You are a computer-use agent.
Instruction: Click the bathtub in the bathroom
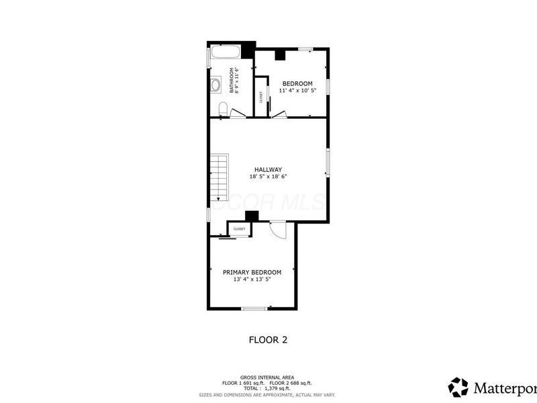tap(226, 54)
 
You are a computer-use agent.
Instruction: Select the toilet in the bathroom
tap(224, 109)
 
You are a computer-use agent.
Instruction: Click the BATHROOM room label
tap(231, 80)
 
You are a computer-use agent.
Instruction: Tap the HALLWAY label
tap(267, 169)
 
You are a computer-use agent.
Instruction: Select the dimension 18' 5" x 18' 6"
tap(267, 177)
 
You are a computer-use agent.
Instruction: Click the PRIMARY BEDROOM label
tap(252, 272)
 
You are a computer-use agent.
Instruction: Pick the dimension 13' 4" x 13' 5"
tap(252, 279)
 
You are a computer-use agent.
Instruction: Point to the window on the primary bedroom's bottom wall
tap(254, 308)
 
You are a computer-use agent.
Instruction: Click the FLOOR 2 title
tap(268, 340)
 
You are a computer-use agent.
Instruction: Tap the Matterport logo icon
tap(458, 387)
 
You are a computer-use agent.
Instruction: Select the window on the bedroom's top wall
tap(305, 48)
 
